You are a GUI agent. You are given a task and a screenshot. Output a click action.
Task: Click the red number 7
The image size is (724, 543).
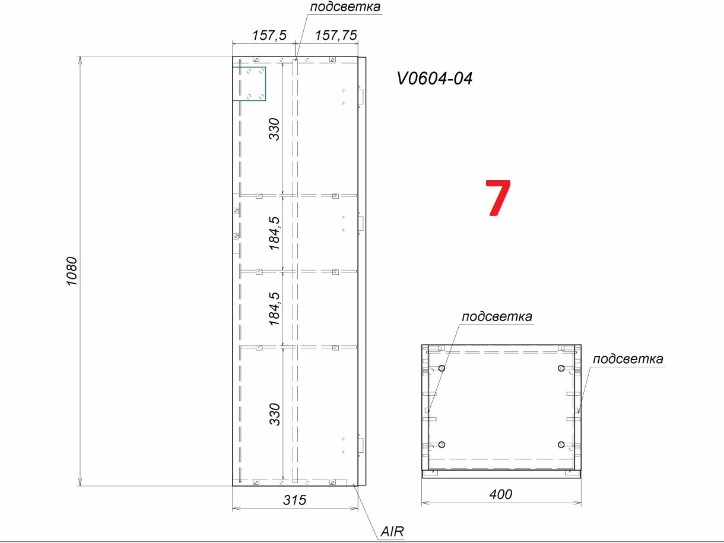(498, 198)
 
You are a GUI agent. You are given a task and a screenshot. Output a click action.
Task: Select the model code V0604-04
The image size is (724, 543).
(435, 78)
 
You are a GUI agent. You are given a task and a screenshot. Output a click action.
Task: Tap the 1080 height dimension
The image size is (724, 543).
(72, 271)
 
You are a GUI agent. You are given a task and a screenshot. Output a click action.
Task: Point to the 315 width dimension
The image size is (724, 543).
(294, 500)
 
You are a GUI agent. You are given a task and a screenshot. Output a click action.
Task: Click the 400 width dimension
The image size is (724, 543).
(501, 494)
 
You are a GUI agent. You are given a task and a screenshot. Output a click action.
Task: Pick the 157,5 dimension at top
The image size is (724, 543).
(269, 35)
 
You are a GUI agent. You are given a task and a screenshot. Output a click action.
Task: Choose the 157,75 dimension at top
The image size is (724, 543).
(336, 35)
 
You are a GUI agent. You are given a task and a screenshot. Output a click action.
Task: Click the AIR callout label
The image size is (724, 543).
(392, 532)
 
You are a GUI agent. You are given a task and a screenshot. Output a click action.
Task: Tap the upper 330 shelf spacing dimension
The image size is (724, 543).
(274, 129)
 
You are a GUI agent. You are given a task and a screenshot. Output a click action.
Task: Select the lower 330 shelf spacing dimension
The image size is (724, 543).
(274, 414)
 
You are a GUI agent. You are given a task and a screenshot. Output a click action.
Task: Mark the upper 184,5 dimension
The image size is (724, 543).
(274, 233)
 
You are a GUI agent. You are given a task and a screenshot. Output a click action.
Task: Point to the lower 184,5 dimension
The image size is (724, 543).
(274, 309)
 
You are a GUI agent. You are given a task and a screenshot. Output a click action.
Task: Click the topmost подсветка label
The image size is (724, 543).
(345, 7)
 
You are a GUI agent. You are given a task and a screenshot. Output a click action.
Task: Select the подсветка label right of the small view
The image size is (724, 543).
(628, 358)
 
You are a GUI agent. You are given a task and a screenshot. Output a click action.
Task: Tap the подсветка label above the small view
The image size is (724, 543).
(497, 316)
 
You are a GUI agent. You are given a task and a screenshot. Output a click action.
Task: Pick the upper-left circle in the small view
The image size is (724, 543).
(442, 369)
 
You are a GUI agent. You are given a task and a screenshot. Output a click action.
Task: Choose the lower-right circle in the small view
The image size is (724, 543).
(561, 444)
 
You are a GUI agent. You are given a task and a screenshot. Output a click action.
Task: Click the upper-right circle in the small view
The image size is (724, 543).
(561, 369)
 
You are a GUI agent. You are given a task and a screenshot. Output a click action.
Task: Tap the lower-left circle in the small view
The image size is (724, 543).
(442, 444)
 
